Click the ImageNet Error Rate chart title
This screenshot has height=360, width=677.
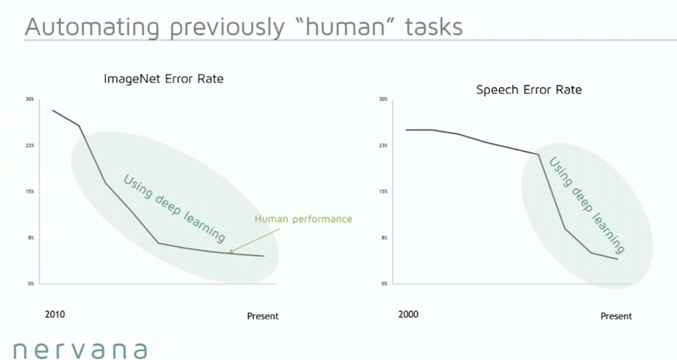164,79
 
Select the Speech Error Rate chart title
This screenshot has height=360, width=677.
529,90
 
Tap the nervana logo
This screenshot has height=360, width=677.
80,350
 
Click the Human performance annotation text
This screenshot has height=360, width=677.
303,219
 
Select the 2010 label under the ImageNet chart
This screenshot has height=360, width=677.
55,315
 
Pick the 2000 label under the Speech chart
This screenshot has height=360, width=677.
408,315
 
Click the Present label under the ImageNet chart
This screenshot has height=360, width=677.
263,316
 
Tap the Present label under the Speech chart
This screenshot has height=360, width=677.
616,316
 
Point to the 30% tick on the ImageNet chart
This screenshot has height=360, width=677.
30,99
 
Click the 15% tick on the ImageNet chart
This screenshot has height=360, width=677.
30,191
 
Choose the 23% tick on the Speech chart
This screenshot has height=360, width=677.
383,146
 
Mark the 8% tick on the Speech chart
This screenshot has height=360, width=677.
384,238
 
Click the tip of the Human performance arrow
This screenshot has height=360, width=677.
229,252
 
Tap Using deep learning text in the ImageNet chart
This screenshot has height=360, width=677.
174,208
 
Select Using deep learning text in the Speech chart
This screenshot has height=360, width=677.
587,205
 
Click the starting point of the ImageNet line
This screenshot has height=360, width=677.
53,110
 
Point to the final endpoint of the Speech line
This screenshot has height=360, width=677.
617,259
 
